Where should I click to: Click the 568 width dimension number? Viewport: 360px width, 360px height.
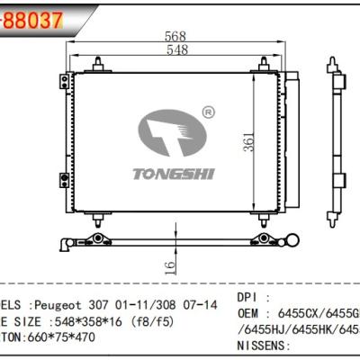(166, 38)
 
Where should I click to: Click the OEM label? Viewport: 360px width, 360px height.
(253, 313)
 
